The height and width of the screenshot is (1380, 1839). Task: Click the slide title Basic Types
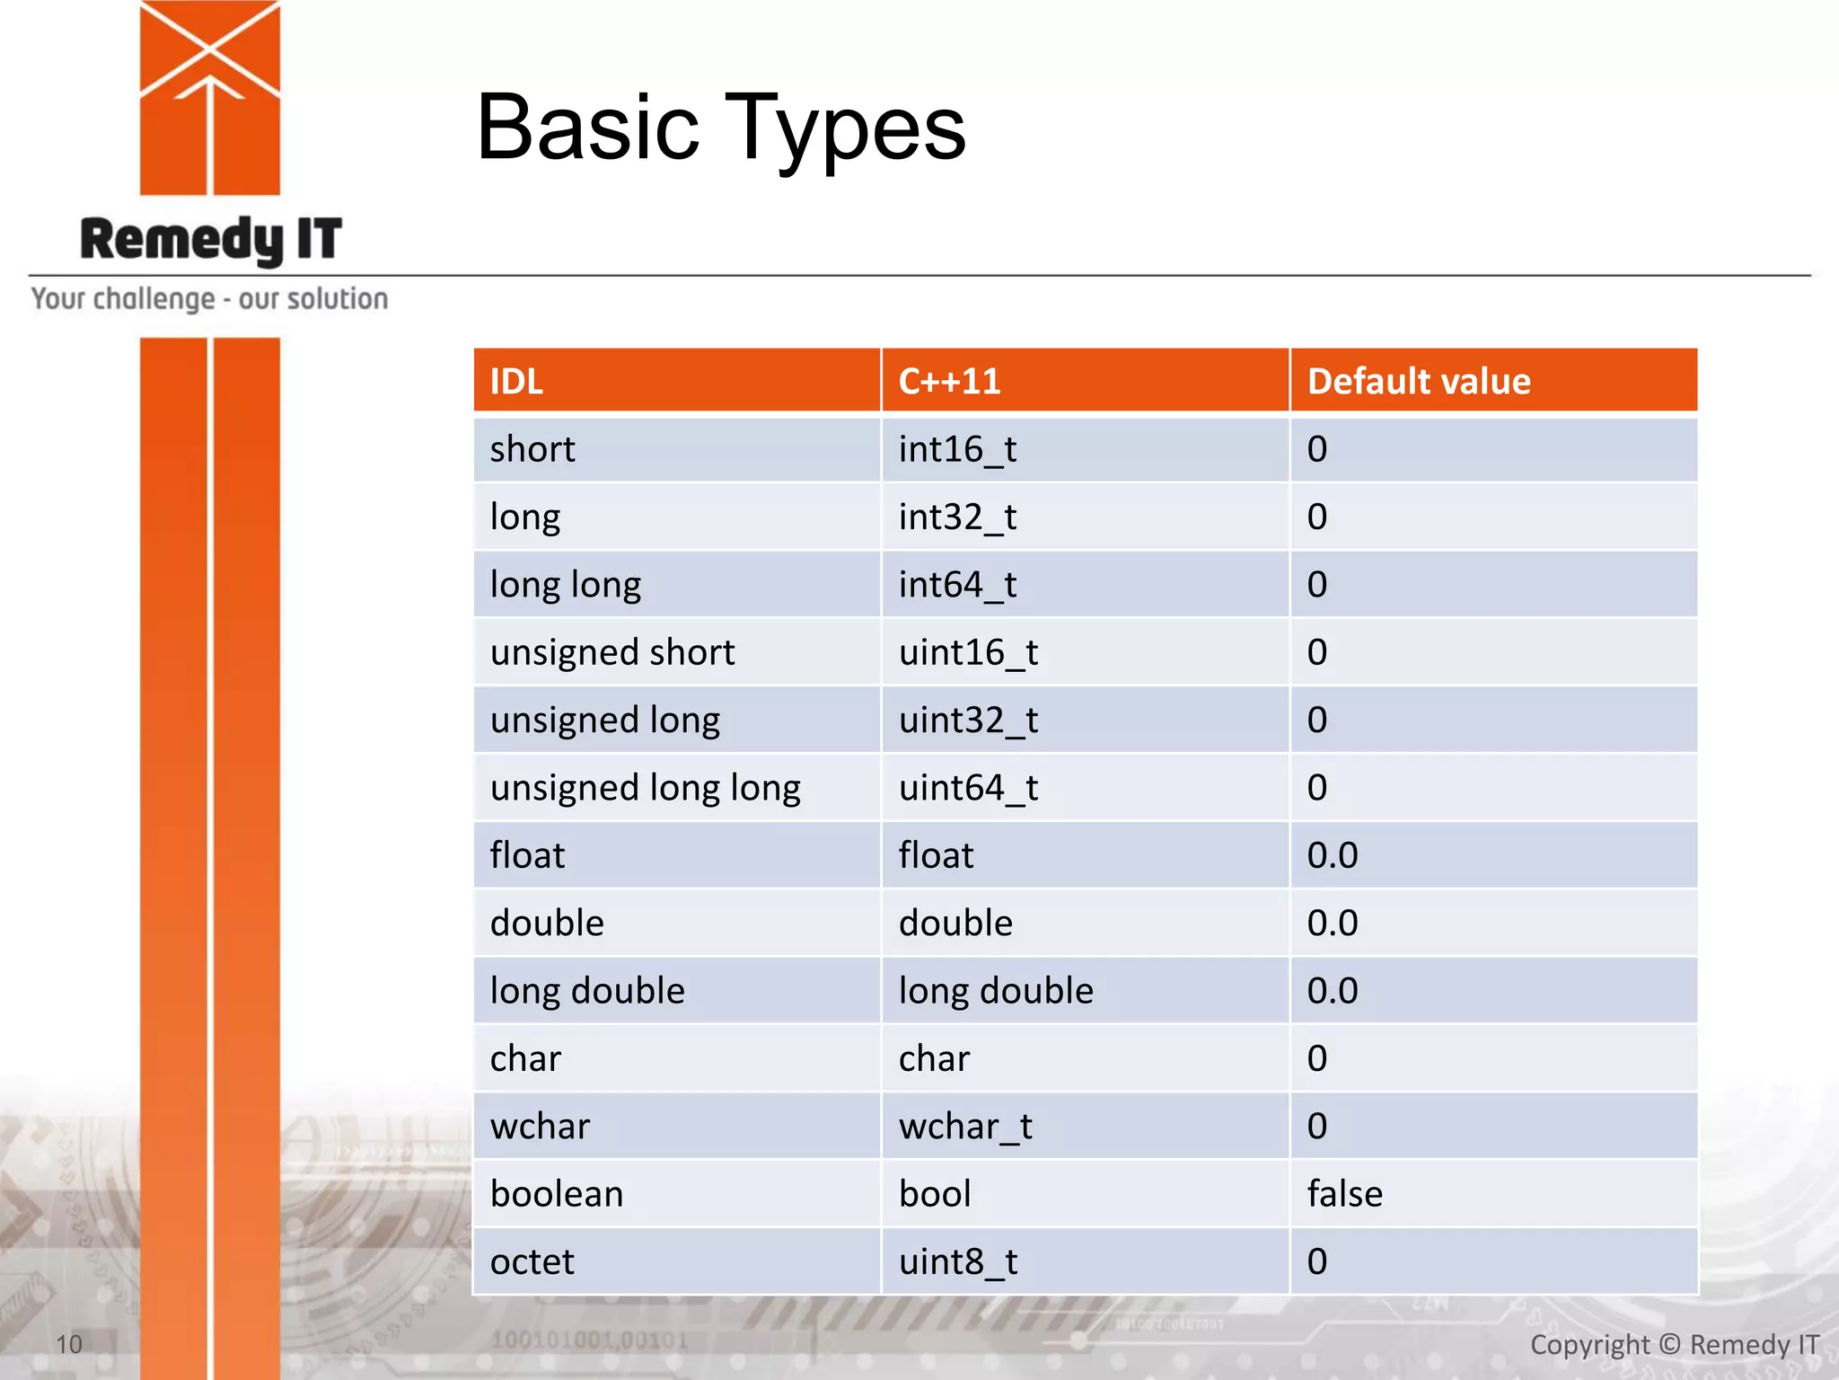tap(720, 128)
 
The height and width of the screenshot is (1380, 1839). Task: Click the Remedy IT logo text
tap(211, 240)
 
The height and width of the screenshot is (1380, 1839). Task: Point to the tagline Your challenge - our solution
tap(209, 298)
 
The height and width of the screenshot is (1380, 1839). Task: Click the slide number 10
tap(69, 1344)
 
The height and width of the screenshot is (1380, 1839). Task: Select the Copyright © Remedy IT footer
tap(1674, 1344)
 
